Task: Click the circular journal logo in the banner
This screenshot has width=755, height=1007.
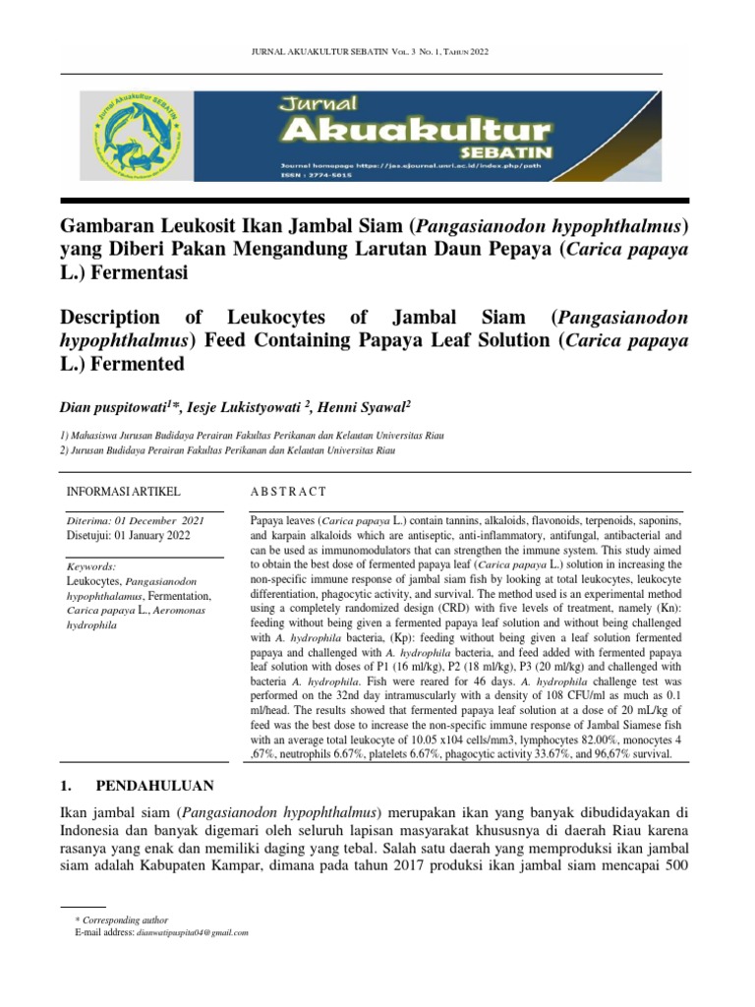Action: (x=138, y=135)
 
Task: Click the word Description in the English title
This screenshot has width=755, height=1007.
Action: (x=109, y=318)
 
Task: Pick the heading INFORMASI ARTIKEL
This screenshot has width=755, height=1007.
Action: (x=123, y=491)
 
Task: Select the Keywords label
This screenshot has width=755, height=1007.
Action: (x=90, y=567)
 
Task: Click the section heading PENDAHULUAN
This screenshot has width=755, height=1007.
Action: (x=153, y=787)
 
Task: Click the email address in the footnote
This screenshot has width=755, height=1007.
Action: (x=192, y=932)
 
